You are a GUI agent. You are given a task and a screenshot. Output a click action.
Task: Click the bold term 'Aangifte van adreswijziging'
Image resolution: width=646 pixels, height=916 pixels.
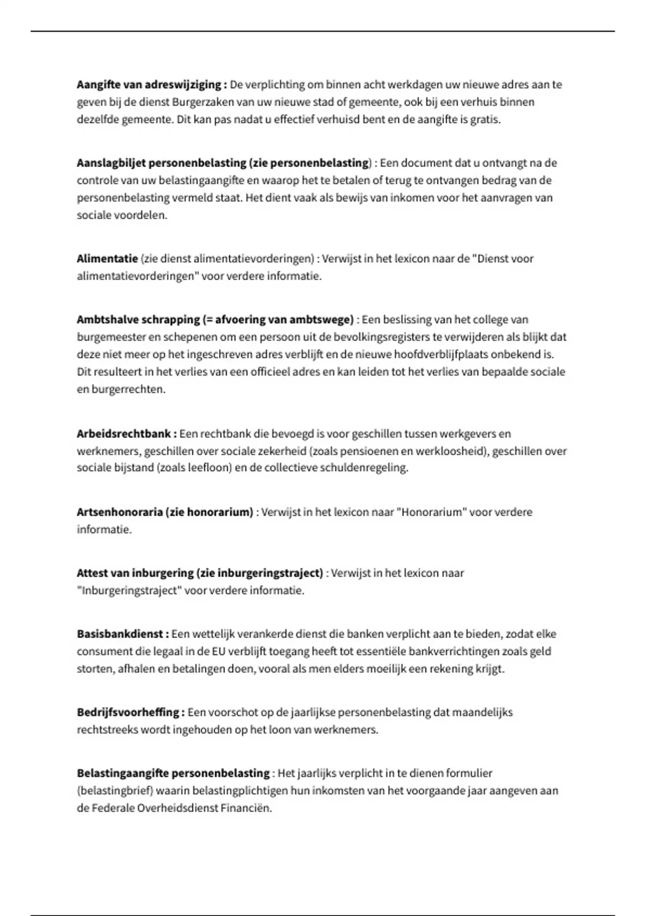(x=149, y=85)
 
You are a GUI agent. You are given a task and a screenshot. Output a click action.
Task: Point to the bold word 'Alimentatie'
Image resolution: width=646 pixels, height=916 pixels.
(x=107, y=259)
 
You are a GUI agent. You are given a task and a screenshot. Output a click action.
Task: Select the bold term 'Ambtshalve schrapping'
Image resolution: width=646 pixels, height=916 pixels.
(x=138, y=320)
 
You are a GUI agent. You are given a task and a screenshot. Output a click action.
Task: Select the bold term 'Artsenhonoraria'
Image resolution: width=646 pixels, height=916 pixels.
(x=120, y=512)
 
